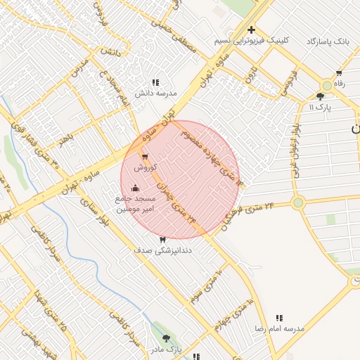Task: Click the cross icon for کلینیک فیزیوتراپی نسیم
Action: click(251, 30)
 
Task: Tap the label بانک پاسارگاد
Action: click(328, 41)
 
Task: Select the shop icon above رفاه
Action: click(339, 73)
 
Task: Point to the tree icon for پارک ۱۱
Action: click(321, 96)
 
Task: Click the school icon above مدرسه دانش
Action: click(155, 82)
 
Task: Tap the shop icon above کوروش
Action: click(144, 157)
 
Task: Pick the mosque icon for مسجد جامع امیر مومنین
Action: click(135, 188)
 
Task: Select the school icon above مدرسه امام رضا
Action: click(279, 319)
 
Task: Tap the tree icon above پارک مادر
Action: click(166, 338)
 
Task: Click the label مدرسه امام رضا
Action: click(279, 329)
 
